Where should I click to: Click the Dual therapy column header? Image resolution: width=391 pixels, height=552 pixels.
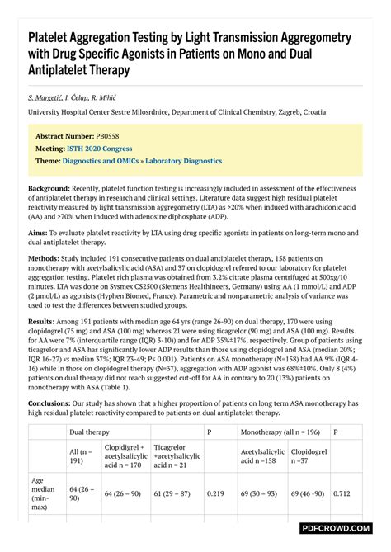point(89,432)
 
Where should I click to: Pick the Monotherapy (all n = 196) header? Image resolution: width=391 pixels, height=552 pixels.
point(281,432)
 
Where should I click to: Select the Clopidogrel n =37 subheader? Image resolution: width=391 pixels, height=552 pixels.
point(309,457)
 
